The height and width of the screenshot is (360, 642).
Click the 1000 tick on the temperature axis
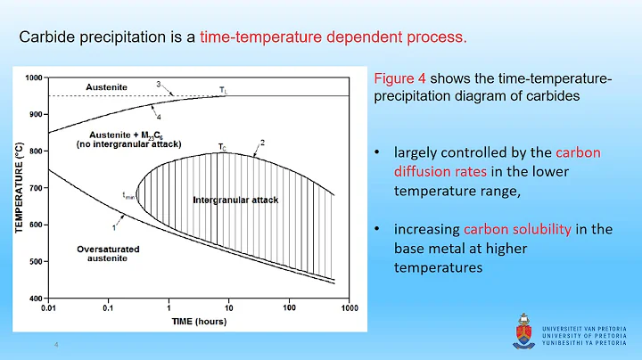coord(35,78)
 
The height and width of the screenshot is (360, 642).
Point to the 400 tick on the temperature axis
coord(37,299)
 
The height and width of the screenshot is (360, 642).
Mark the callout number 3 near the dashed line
coord(159,84)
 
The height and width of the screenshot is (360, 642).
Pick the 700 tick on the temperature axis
coord(37,188)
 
